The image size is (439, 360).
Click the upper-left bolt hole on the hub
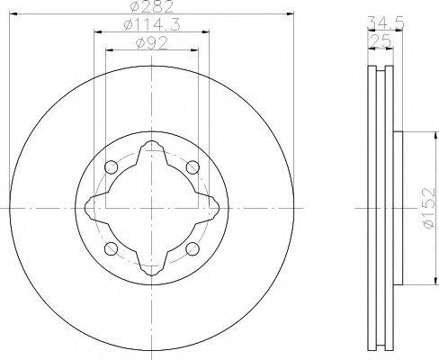coord(111,167)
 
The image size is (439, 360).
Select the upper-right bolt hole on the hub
coord(192,167)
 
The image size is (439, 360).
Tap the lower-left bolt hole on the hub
coord(111,248)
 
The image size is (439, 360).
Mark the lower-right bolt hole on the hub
coord(192,248)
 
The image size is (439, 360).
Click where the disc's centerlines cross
coord(151,208)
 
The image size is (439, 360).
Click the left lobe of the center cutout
coord(91,208)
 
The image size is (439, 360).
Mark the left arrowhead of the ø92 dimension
coord(109,50)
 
